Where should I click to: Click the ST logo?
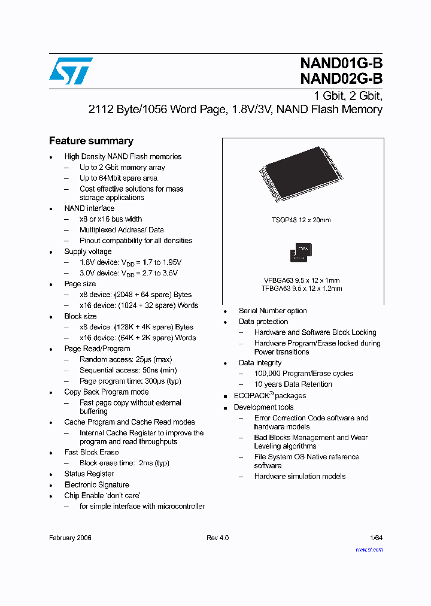click(71, 71)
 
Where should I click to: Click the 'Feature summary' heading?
click(91, 141)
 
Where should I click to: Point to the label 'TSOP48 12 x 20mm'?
click(301, 220)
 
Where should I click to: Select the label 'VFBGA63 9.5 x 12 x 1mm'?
click(302, 280)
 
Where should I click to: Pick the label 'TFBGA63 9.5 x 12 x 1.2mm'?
click(302, 289)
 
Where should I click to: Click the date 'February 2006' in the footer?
click(70, 538)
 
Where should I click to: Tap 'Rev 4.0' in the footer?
click(217, 538)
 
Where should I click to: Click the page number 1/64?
click(376, 538)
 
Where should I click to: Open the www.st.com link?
click(369, 549)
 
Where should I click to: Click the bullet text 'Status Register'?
click(89, 474)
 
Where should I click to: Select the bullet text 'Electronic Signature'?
click(96, 484)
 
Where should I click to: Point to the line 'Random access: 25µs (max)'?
click(126, 359)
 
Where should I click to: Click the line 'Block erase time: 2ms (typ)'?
click(125, 463)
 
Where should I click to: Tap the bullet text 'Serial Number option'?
click(272, 311)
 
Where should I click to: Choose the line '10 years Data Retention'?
click(293, 384)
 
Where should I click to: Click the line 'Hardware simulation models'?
click(300, 476)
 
